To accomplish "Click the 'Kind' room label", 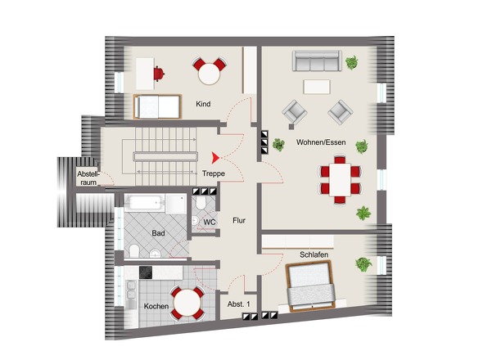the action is tap(203, 104).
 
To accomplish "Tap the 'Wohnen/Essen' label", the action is tap(321, 142).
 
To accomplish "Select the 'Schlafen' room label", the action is tap(314, 254).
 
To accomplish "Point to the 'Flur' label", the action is tap(239, 220).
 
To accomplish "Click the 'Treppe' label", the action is tap(214, 173).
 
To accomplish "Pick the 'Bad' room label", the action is tap(158, 233).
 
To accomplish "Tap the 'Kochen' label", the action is tap(156, 307).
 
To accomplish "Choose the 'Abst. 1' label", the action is tap(239, 304).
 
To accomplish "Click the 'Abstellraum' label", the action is tap(88, 178).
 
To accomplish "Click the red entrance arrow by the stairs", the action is tap(215, 157).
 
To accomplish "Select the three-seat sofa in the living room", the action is tap(317, 61).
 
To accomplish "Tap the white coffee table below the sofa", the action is tap(317, 87).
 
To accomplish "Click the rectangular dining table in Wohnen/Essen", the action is tap(340, 180).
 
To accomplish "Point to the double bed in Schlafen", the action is tap(310, 286).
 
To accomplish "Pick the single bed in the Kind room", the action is tap(157, 106).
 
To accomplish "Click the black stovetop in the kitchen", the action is tap(146, 272).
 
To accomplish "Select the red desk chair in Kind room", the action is tap(159, 74).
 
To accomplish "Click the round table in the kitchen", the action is tap(187, 304).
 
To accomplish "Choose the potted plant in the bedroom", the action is tap(363, 264).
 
